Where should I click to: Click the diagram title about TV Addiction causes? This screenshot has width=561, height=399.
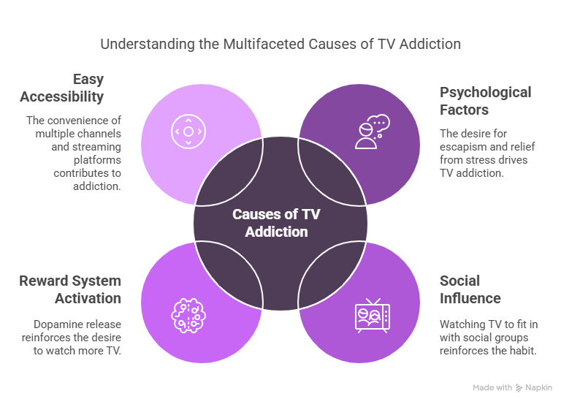[x=280, y=44]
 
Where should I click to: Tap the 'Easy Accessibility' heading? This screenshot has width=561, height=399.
[x=62, y=88]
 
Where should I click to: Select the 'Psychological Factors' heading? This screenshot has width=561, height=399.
[x=486, y=101]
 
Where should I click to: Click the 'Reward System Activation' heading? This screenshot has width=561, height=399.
[x=70, y=289]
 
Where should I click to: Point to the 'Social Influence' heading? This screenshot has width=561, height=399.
[x=470, y=289]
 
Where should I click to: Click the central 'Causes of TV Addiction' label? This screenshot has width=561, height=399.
[x=276, y=223]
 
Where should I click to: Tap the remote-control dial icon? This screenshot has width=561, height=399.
[x=188, y=132]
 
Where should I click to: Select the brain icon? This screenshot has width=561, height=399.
[x=188, y=316]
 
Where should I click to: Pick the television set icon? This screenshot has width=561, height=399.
[x=373, y=316]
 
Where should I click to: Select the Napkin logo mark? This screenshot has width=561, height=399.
[x=519, y=387]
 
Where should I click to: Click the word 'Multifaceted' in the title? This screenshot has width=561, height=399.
[x=264, y=44]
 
